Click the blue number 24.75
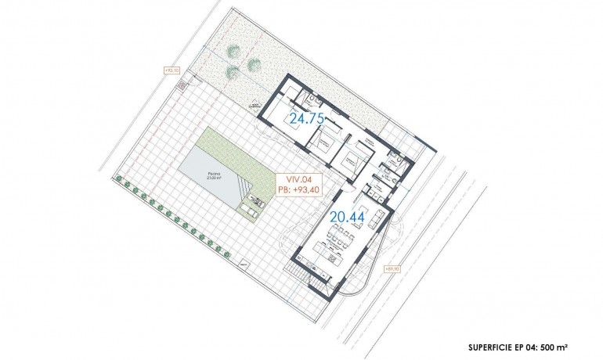click(x=306, y=120)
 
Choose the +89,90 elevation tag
click(x=393, y=268)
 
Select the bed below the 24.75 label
click(x=323, y=144)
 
